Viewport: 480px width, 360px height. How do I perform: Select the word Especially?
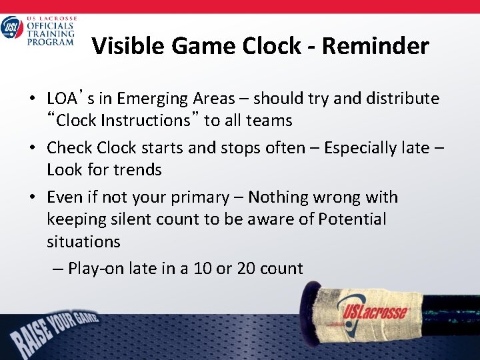[358, 147]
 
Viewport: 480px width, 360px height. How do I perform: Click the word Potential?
[352, 219]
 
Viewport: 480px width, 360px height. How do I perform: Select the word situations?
[83, 241]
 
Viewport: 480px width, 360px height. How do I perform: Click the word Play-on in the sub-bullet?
[92, 269]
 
